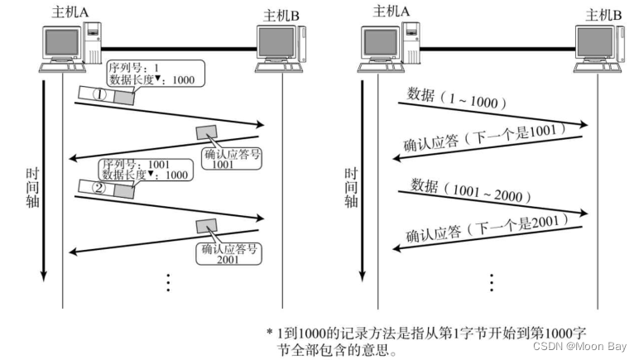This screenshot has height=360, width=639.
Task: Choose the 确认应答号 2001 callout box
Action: pos(228,252)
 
